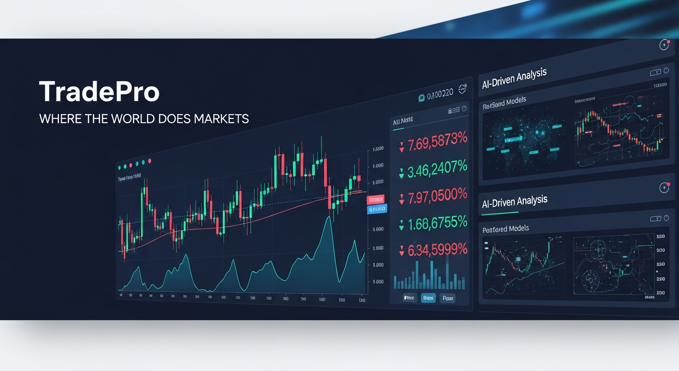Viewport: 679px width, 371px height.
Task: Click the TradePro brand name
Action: pyautogui.click(x=99, y=92)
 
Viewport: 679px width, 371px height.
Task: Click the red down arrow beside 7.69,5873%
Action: pyautogui.click(x=401, y=147)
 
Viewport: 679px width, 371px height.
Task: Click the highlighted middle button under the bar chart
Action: pyautogui.click(x=428, y=298)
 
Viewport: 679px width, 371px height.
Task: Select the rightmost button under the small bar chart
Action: pyautogui.click(x=448, y=299)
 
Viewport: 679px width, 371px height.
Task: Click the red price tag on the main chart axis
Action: pyautogui.click(x=376, y=200)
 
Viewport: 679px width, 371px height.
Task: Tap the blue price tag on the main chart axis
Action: pyautogui.click(x=377, y=209)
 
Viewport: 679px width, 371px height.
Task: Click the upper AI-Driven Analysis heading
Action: pyautogui.click(x=514, y=79)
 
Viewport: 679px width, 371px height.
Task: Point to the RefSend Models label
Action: pyautogui.click(x=504, y=102)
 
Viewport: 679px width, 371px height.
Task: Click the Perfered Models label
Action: pyautogui.click(x=505, y=228)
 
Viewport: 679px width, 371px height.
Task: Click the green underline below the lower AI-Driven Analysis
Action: pyautogui.click(x=500, y=213)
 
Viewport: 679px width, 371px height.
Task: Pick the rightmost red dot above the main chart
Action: pyautogui.click(x=149, y=161)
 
